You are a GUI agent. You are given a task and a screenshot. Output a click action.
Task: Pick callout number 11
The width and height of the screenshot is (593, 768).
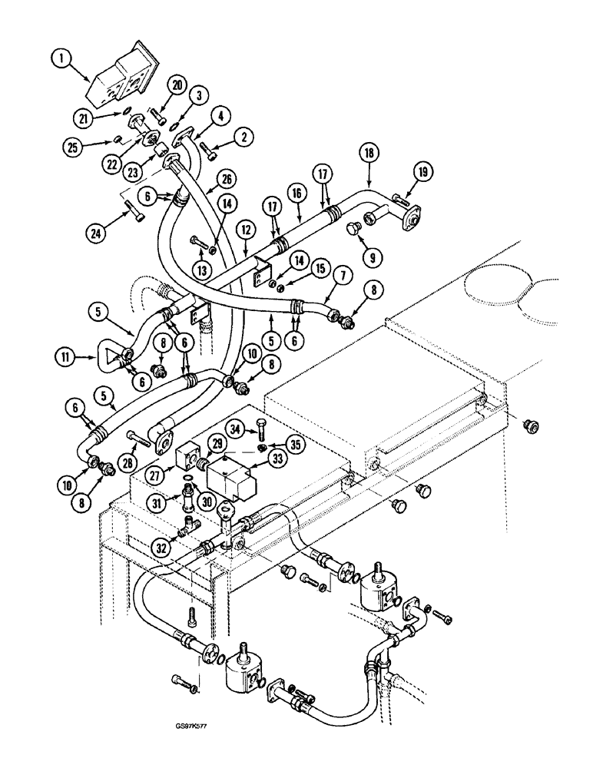tap(65, 355)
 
